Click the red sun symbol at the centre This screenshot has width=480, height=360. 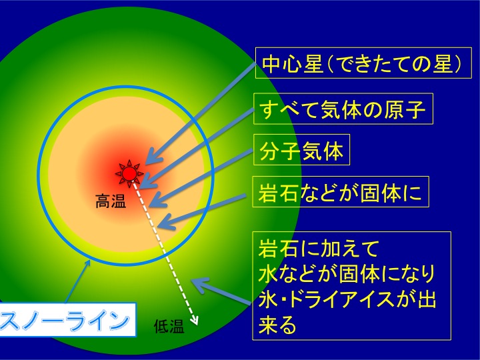129,173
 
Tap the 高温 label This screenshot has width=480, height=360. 111,201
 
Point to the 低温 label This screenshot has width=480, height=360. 169,327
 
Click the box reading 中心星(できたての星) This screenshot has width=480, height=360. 363,63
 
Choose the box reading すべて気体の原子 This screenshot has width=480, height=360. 343,109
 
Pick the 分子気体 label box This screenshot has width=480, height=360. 301,150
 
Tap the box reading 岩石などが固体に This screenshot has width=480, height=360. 341,192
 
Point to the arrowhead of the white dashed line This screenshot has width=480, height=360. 195,321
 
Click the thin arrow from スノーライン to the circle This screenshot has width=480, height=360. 77,281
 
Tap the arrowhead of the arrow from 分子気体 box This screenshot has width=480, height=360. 156,200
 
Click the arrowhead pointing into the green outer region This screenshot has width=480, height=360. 199,285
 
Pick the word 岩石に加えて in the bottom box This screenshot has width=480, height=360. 319,248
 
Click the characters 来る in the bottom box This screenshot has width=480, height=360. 277,325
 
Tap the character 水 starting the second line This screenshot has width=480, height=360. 267,273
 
